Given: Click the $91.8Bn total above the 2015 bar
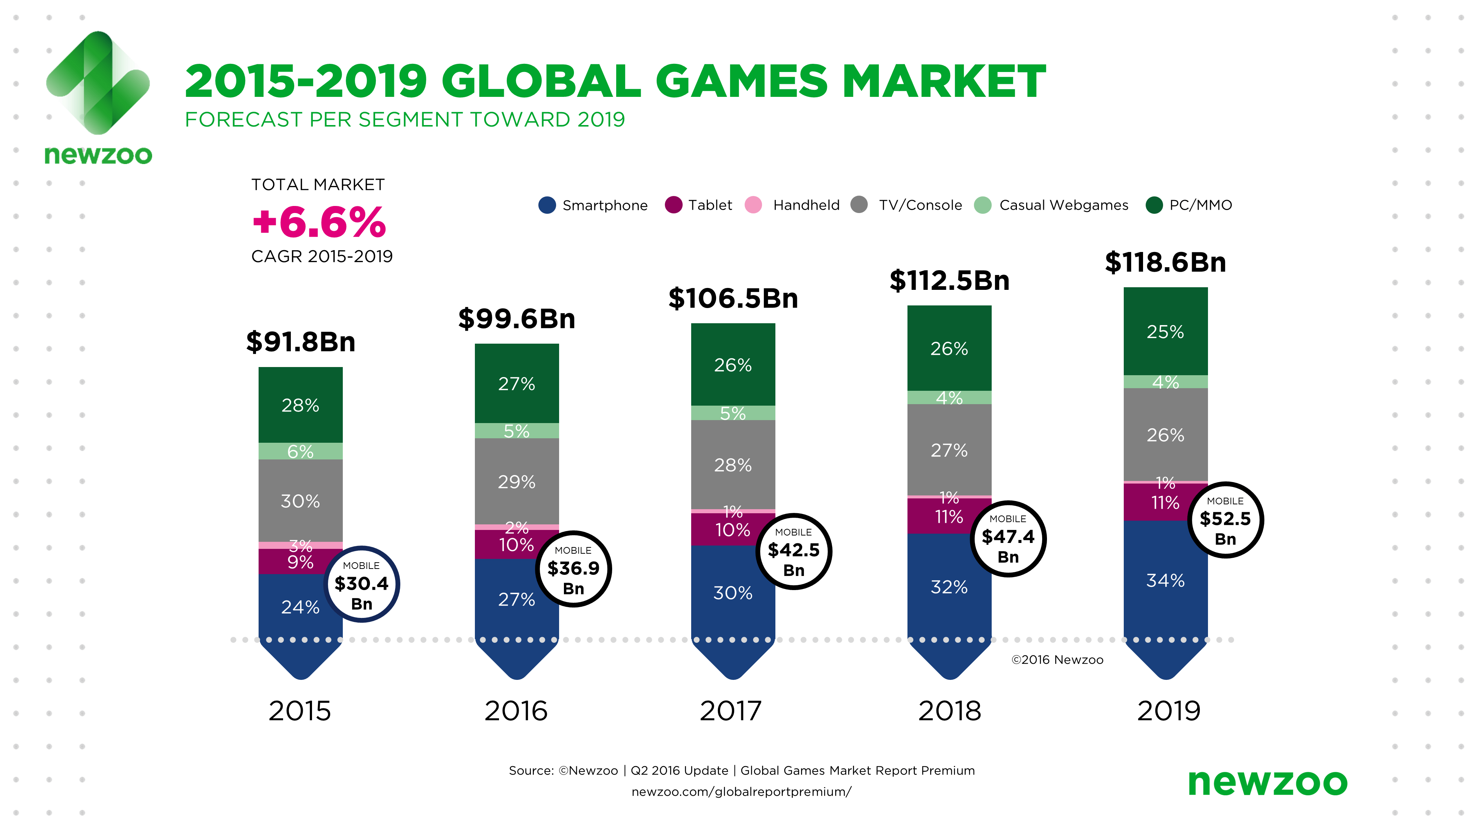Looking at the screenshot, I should (x=301, y=342).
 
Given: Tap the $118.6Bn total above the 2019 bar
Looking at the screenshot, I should (x=1165, y=263).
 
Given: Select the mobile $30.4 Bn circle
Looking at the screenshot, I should (x=362, y=584).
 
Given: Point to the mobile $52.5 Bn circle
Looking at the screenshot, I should (x=1225, y=520).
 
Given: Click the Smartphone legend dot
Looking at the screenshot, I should (x=547, y=205).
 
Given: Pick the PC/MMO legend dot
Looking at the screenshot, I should (x=1154, y=205).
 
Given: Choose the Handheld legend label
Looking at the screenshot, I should (x=806, y=205).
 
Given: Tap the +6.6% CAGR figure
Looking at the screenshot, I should (x=319, y=222).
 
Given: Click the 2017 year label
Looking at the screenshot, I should (x=731, y=711).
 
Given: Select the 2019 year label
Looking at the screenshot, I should (x=1168, y=711).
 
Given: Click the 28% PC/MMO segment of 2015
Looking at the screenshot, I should (x=300, y=405).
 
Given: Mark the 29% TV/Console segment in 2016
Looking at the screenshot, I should (x=517, y=482).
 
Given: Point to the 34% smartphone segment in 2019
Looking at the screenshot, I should (x=1165, y=580).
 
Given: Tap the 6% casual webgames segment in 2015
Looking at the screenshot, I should (x=300, y=451).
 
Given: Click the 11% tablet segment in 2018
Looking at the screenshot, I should (x=949, y=516).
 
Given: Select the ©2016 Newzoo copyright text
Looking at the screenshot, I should (x=1057, y=660).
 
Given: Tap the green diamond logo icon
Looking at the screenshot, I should (x=98, y=83).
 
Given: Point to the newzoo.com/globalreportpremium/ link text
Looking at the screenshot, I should (x=741, y=792).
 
